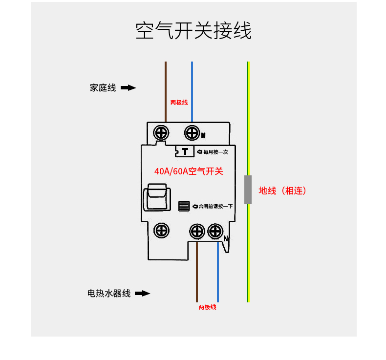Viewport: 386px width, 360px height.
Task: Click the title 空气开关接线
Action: pyautogui.click(x=193, y=30)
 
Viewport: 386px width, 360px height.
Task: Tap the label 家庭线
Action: pyautogui.click(x=103, y=87)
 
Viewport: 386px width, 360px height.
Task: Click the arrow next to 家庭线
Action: pyautogui.click(x=128, y=87)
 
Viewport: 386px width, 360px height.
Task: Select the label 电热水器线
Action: pyautogui.click(x=109, y=293)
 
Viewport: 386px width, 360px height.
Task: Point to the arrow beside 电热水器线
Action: pyautogui.click(x=143, y=293)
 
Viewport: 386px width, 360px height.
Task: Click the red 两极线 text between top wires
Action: pyautogui.click(x=179, y=103)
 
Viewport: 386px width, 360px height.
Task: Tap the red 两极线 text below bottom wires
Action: pyautogui.click(x=207, y=307)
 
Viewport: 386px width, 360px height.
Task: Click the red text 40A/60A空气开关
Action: pyautogui.click(x=189, y=171)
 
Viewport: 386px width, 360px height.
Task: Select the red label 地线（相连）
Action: pyautogui.click(x=282, y=191)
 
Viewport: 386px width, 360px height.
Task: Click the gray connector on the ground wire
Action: pyautogui.click(x=248, y=190)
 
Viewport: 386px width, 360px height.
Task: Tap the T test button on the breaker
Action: pyautogui.click(x=185, y=151)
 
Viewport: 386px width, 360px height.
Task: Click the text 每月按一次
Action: pyautogui.click(x=215, y=152)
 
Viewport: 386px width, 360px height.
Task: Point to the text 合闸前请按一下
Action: pyautogui.click(x=215, y=206)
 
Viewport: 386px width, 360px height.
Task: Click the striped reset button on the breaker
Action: pyautogui.click(x=184, y=206)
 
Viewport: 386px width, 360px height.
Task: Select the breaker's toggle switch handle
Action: pyautogui.click(x=157, y=197)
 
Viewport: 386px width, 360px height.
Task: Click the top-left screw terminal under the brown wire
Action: pyautogui.click(x=161, y=133)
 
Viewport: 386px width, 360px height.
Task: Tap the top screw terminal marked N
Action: pyautogui.click(x=192, y=133)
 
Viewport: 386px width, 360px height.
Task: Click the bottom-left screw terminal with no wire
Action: pyautogui.click(x=161, y=231)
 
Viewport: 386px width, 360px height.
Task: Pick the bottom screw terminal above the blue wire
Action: pyautogui.click(x=215, y=232)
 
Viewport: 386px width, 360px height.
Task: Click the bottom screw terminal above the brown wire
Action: pyautogui.click(x=197, y=232)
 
